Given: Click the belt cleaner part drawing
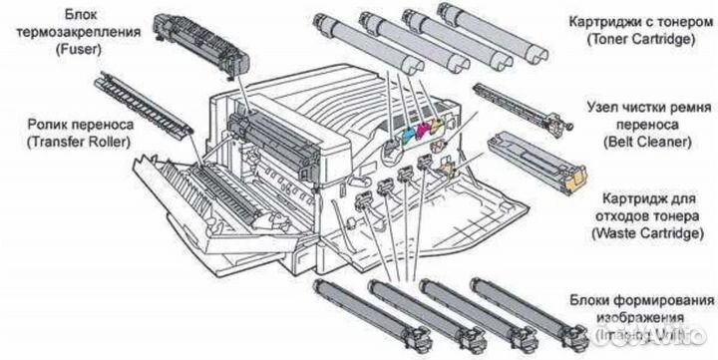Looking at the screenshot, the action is click(523, 104).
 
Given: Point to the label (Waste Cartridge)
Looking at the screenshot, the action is click(646, 232).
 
